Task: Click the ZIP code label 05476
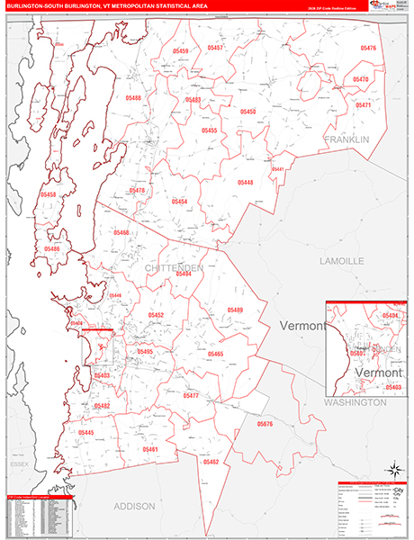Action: click(x=368, y=48)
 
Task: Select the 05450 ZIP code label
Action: click(x=247, y=112)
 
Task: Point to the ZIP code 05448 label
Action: click(x=246, y=183)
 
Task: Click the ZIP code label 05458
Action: click(x=48, y=194)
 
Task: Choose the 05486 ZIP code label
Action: click(x=52, y=248)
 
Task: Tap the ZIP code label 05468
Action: click(x=121, y=232)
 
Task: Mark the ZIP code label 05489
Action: click(x=235, y=310)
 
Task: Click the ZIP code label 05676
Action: click(x=265, y=423)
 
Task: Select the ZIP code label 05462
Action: click(x=211, y=461)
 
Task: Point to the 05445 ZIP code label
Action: click(x=85, y=432)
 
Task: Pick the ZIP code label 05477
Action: click(x=191, y=396)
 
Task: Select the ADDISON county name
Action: click(x=134, y=507)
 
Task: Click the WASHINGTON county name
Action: click(x=355, y=402)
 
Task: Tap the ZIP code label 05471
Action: click(x=364, y=105)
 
